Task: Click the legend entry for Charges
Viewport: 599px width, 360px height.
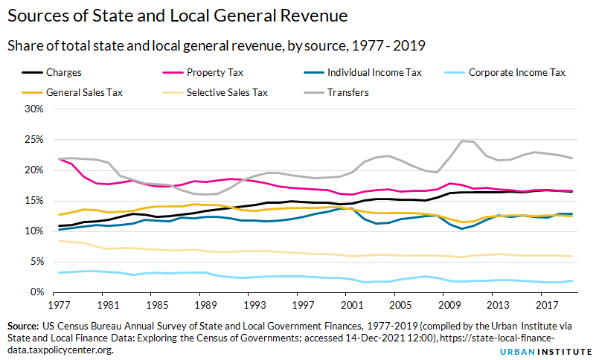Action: pyautogui.click(x=64, y=73)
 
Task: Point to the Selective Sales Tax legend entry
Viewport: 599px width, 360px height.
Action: pyautogui.click(x=227, y=93)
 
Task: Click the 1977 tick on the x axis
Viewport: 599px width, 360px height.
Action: pyautogui.click(x=57, y=305)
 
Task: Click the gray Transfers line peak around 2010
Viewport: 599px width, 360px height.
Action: pyautogui.click(x=462, y=141)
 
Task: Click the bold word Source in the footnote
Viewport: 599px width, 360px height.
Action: pyautogui.click(x=23, y=326)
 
